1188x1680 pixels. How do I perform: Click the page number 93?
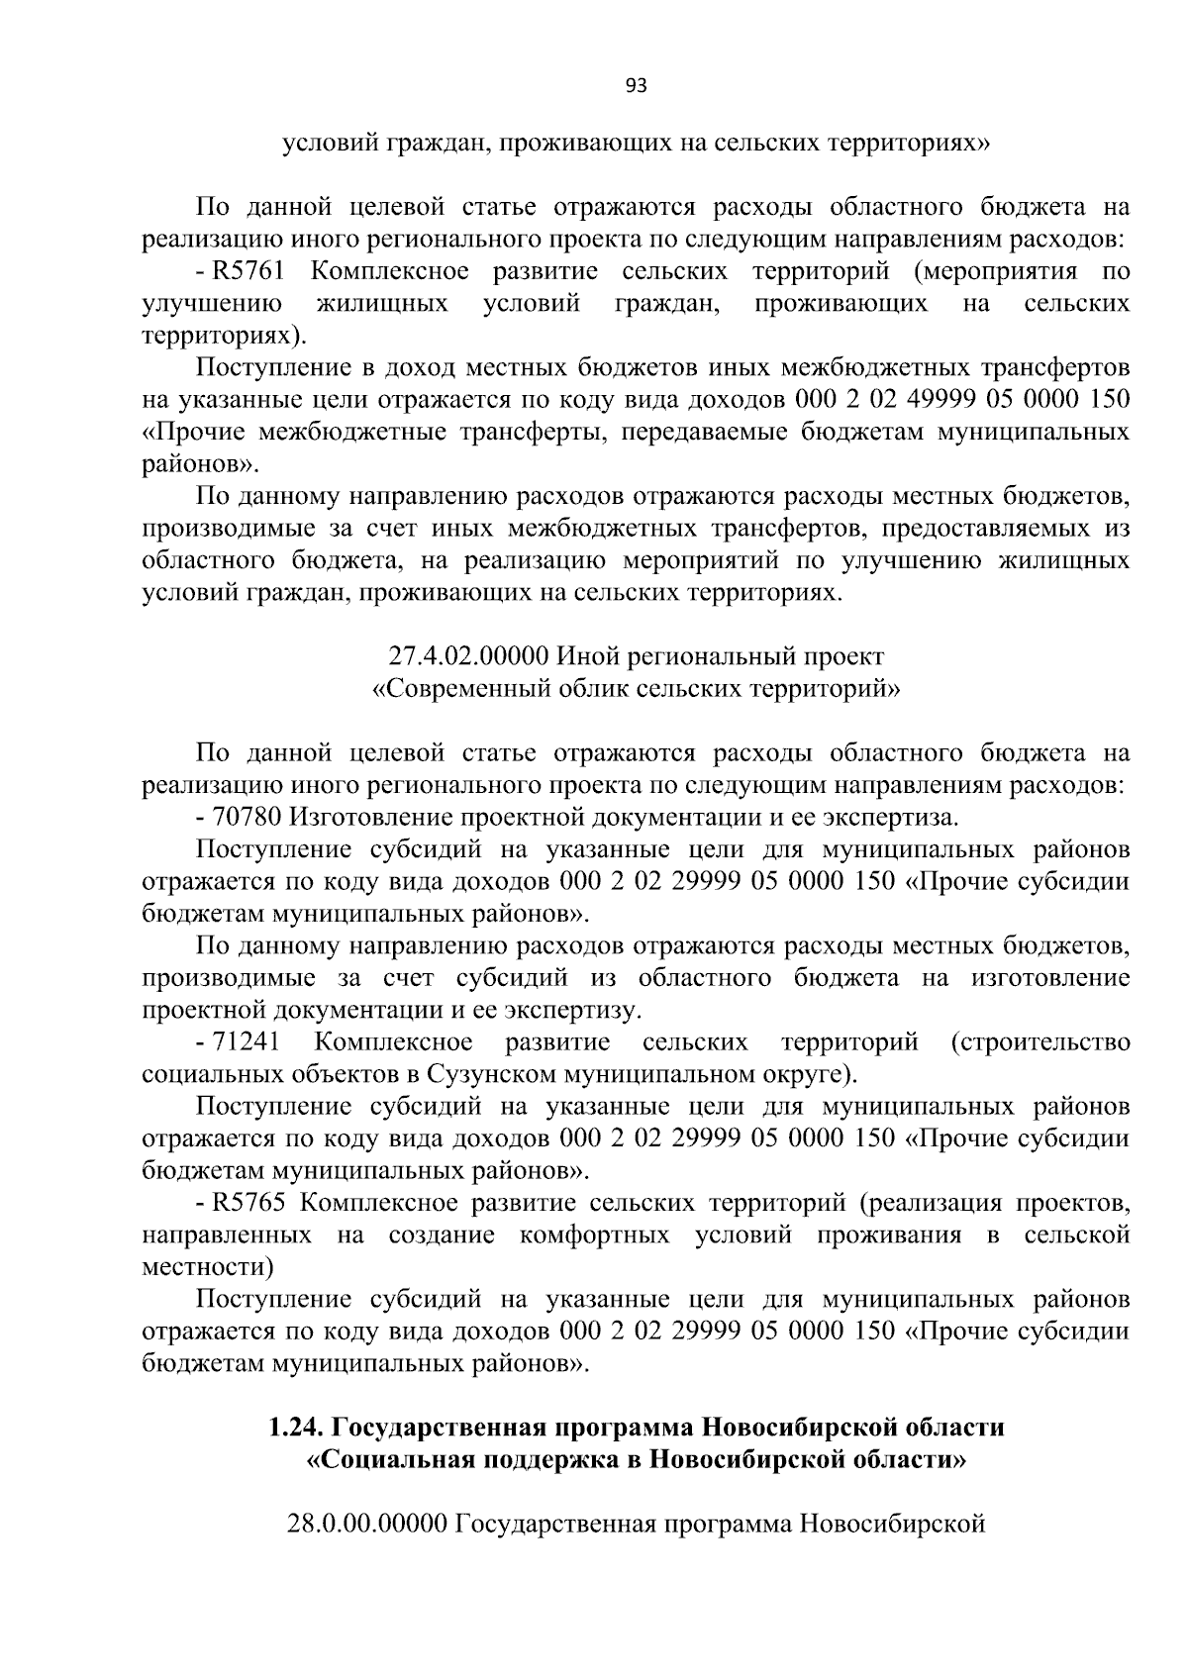(x=637, y=86)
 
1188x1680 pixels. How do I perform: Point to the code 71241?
(x=247, y=1042)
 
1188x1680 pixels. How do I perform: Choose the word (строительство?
(x=1039, y=1042)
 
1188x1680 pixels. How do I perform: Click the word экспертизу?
(x=573, y=1011)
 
